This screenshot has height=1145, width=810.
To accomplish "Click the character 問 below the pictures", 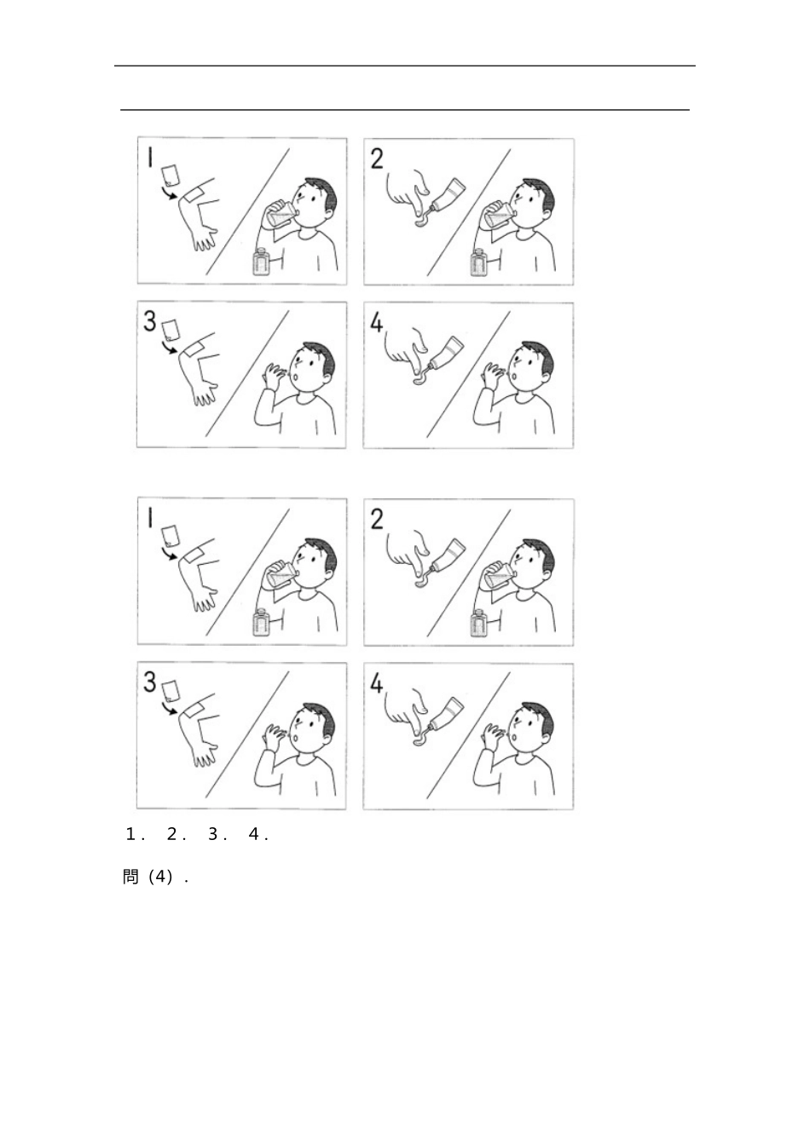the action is [130, 877].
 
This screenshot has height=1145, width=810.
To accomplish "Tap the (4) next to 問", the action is [160, 877].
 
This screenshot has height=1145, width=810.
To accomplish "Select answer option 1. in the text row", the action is [135, 835].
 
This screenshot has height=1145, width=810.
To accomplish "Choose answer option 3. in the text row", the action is [217, 835].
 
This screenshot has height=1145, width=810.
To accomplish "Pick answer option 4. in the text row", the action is [258, 835].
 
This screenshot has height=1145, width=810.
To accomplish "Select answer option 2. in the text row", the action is [176, 835].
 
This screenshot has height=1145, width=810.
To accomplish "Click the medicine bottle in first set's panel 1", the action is [261, 262].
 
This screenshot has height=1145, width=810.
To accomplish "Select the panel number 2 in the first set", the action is [377, 158].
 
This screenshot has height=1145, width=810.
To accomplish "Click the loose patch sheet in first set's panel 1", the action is [170, 175].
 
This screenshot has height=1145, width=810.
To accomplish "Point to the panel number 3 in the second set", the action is [149, 682].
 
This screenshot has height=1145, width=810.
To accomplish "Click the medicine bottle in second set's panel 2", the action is [478, 623].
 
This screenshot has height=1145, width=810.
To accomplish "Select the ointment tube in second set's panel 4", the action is [447, 716].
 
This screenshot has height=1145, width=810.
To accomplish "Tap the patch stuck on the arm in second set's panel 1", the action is [192, 555].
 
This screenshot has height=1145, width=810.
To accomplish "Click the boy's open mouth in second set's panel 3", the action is [297, 737].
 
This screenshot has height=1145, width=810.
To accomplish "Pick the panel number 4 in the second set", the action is [376, 683].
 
